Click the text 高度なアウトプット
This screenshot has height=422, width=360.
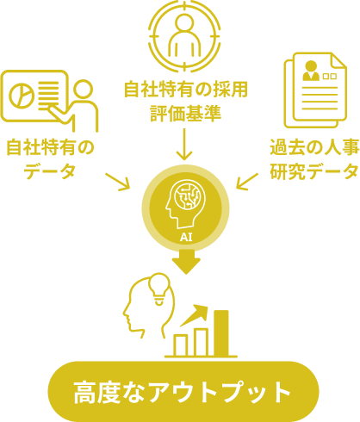point(182,392)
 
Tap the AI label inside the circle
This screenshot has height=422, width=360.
point(186,238)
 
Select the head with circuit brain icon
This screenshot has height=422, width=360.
point(183,203)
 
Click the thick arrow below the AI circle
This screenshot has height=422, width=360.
point(186,262)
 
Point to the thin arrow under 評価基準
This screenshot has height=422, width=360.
point(184,144)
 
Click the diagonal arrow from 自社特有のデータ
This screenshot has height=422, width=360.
point(117,182)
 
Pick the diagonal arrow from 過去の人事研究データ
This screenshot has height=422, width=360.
point(247,182)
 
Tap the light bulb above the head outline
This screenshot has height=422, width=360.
point(159,289)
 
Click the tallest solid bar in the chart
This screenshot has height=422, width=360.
point(221,333)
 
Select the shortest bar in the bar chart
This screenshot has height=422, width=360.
point(181,345)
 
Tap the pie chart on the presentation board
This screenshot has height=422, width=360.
point(22,96)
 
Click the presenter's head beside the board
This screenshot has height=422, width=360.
point(84,89)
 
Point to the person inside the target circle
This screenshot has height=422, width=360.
point(184,35)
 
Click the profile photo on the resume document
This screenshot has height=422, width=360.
point(311,71)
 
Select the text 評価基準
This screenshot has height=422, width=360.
point(186,114)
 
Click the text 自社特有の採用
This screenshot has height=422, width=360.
point(186,90)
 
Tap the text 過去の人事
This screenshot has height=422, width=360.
point(314,147)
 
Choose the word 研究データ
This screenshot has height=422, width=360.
point(314,171)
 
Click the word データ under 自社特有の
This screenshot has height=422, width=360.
point(50,171)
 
